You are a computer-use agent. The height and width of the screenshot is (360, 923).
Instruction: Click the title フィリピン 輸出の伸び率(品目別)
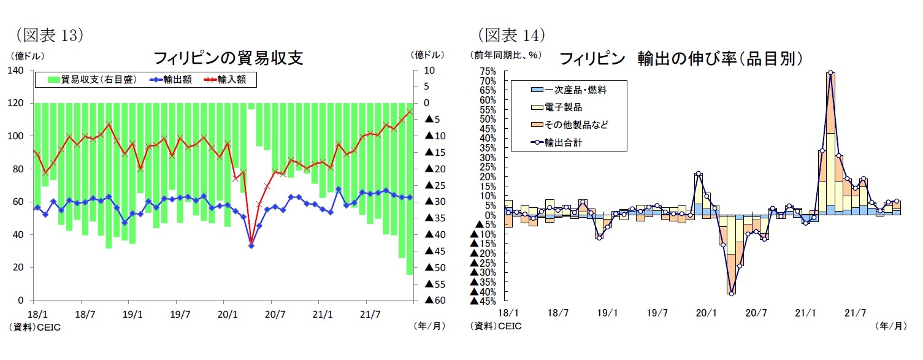[681, 58]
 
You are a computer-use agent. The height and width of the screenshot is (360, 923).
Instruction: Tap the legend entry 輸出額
[174, 79]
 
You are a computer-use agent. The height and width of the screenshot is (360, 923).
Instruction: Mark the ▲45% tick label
[484, 301]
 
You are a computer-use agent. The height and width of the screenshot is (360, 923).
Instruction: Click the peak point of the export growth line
[830, 72]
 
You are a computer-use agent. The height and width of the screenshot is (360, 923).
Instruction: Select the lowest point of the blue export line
[251, 245]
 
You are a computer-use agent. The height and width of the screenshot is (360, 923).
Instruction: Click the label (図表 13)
[49, 34]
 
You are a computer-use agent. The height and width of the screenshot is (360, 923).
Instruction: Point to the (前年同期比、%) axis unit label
[506, 55]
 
